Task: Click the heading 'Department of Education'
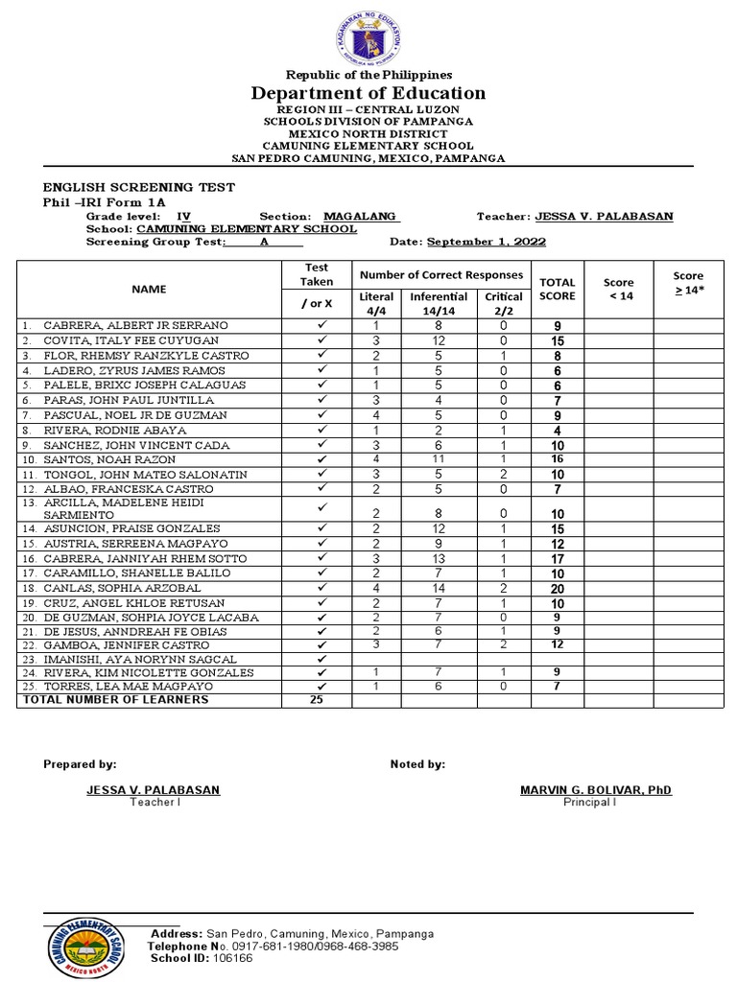368,93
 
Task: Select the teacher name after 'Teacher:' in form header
604,217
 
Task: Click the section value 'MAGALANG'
361,217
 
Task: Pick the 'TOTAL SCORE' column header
558,289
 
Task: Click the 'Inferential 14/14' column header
439,303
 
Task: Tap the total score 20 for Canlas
558,589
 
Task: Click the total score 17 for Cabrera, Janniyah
558,559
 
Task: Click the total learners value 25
318,700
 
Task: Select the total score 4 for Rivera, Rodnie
558,432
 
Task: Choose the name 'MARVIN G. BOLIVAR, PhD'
596,790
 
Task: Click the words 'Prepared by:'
81,764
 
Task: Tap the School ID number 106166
232,958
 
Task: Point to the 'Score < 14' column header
619,289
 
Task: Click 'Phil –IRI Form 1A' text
105,202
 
